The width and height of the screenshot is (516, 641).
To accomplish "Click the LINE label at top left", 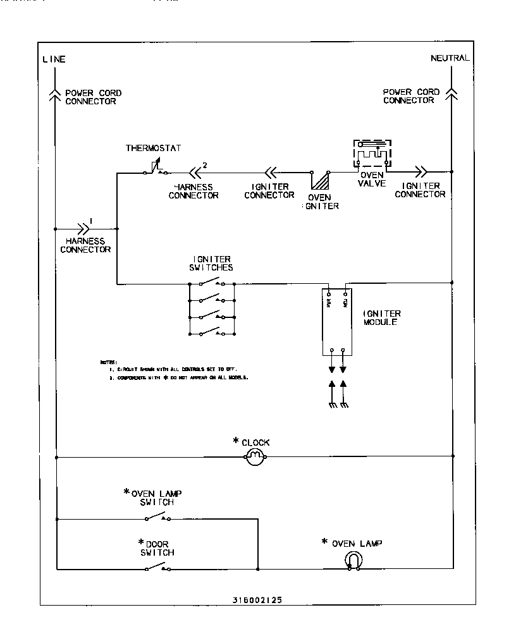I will click(x=54, y=59).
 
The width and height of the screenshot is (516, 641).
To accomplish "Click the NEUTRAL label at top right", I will click(x=450, y=58).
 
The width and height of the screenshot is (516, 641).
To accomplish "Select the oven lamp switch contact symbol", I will click(x=157, y=518).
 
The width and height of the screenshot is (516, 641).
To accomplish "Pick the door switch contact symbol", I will click(x=157, y=568).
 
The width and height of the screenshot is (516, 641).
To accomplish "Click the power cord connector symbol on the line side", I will click(x=56, y=94).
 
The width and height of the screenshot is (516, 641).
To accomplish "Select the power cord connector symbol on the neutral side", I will click(x=451, y=93).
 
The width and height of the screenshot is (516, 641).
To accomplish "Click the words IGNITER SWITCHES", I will click(x=212, y=263).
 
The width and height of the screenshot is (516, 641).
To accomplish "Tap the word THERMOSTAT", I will click(x=153, y=149).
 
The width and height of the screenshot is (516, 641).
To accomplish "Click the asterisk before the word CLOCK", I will click(x=236, y=440).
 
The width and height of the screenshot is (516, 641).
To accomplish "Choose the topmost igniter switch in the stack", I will click(x=211, y=283).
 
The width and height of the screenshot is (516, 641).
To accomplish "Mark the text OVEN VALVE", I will click(x=371, y=179).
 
